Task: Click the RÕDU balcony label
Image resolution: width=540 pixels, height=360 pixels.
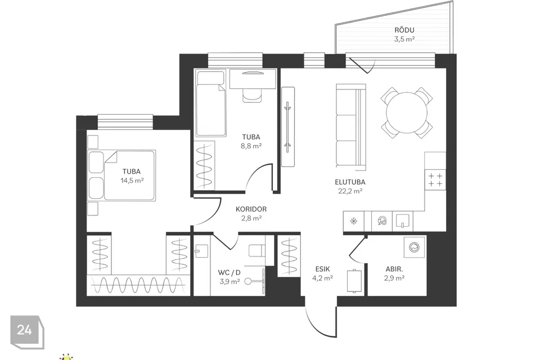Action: click(x=404, y=30)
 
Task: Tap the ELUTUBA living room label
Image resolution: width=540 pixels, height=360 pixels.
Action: click(x=350, y=182)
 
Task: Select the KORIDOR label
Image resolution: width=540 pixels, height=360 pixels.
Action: click(x=251, y=209)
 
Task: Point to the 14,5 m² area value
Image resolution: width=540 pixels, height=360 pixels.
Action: click(x=132, y=180)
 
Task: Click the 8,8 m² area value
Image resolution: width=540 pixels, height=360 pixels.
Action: click(x=251, y=146)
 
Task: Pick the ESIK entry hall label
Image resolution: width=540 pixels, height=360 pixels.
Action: click(x=322, y=269)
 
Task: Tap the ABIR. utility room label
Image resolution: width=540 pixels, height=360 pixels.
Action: click(x=394, y=269)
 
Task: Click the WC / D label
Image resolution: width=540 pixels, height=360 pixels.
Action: click(x=229, y=272)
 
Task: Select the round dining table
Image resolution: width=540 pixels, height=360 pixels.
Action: click(x=407, y=112)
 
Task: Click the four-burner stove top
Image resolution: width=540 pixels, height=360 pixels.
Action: click(x=435, y=180)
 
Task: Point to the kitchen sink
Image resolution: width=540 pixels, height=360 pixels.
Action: click(x=402, y=220)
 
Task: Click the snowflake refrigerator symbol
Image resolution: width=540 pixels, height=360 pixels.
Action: click(x=354, y=221)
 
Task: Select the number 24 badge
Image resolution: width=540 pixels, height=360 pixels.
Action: click(x=25, y=330)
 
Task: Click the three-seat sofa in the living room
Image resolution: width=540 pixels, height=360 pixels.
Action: click(x=350, y=127)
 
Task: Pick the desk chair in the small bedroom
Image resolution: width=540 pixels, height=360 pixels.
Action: click(x=252, y=94)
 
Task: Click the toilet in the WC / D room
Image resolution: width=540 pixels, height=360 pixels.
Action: click(x=257, y=251)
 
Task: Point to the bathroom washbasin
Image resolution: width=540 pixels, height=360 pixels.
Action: click(x=201, y=251)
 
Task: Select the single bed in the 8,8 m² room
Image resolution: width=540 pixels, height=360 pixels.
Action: click(x=211, y=103)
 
